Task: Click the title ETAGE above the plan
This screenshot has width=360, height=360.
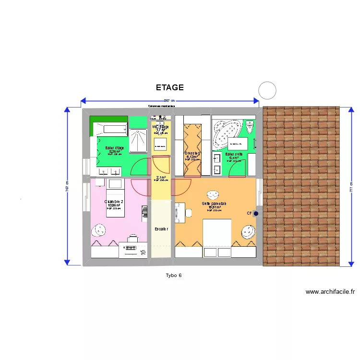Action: [169, 88]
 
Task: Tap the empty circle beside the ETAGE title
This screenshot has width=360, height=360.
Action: [267, 90]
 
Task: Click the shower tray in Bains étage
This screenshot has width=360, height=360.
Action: [140, 140]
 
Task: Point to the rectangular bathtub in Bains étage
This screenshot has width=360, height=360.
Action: [110, 129]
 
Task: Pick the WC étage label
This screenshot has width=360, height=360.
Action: [160, 127]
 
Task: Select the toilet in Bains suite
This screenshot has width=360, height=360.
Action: [250, 128]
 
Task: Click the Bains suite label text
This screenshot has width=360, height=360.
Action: [234, 155]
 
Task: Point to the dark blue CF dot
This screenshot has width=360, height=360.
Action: [256, 214]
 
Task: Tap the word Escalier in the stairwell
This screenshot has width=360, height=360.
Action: [161, 229]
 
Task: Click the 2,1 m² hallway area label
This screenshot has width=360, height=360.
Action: [161, 178]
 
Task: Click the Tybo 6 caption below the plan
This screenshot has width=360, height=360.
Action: [173, 275]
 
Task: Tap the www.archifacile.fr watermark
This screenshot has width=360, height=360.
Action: [330, 291]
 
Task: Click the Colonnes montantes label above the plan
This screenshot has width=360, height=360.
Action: [161, 106]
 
